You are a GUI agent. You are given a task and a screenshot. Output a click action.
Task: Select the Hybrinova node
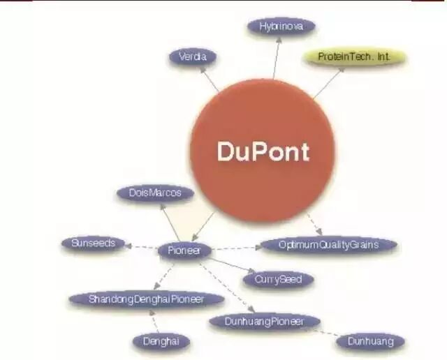[x=281, y=27]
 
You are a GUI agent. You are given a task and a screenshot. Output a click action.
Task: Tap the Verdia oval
[x=193, y=57]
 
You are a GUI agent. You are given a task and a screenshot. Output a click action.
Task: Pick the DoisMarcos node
[x=156, y=194]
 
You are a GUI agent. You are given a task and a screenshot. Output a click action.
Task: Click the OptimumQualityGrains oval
[x=328, y=245]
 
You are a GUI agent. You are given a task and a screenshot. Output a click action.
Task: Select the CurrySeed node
[x=278, y=279]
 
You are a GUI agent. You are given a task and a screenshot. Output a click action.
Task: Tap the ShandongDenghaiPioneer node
[x=146, y=299]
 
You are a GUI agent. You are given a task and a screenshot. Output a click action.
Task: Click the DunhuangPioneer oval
[x=265, y=321]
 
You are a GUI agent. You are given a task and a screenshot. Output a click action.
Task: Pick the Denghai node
[x=161, y=341]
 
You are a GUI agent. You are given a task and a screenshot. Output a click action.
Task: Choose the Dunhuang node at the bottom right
[x=370, y=341]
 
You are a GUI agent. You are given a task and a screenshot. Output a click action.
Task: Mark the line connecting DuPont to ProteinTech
[x=326, y=83]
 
